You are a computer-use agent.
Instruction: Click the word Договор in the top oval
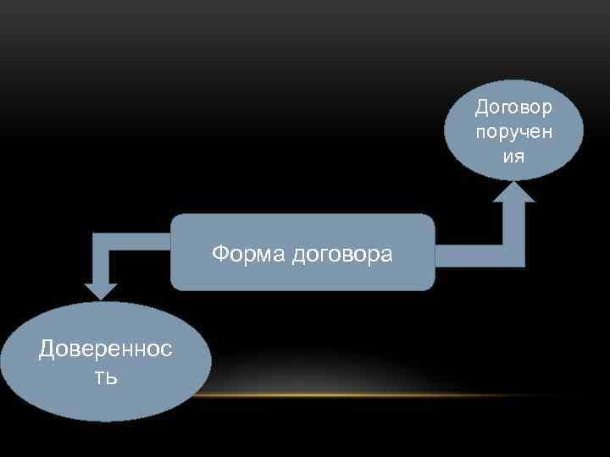[x=513, y=107]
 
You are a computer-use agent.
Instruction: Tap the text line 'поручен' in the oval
[x=513, y=132]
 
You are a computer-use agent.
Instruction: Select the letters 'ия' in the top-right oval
[x=513, y=157]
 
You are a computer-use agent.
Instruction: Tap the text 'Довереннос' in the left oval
[x=105, y=350]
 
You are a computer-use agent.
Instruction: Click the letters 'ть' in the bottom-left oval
[x=105, y=375]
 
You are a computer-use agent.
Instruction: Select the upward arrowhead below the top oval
[x=513, y=192]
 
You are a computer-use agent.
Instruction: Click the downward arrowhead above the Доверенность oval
[x=101, y=289]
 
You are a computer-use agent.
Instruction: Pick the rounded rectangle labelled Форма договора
[x=302, y=279]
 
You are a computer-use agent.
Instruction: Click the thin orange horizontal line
[x=381, y=395]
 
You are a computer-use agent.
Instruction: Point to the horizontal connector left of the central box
[x=140, y=240]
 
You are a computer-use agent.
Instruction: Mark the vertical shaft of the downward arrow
[x=101, y=262]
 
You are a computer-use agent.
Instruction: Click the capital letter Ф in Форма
[x=219, y=254]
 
